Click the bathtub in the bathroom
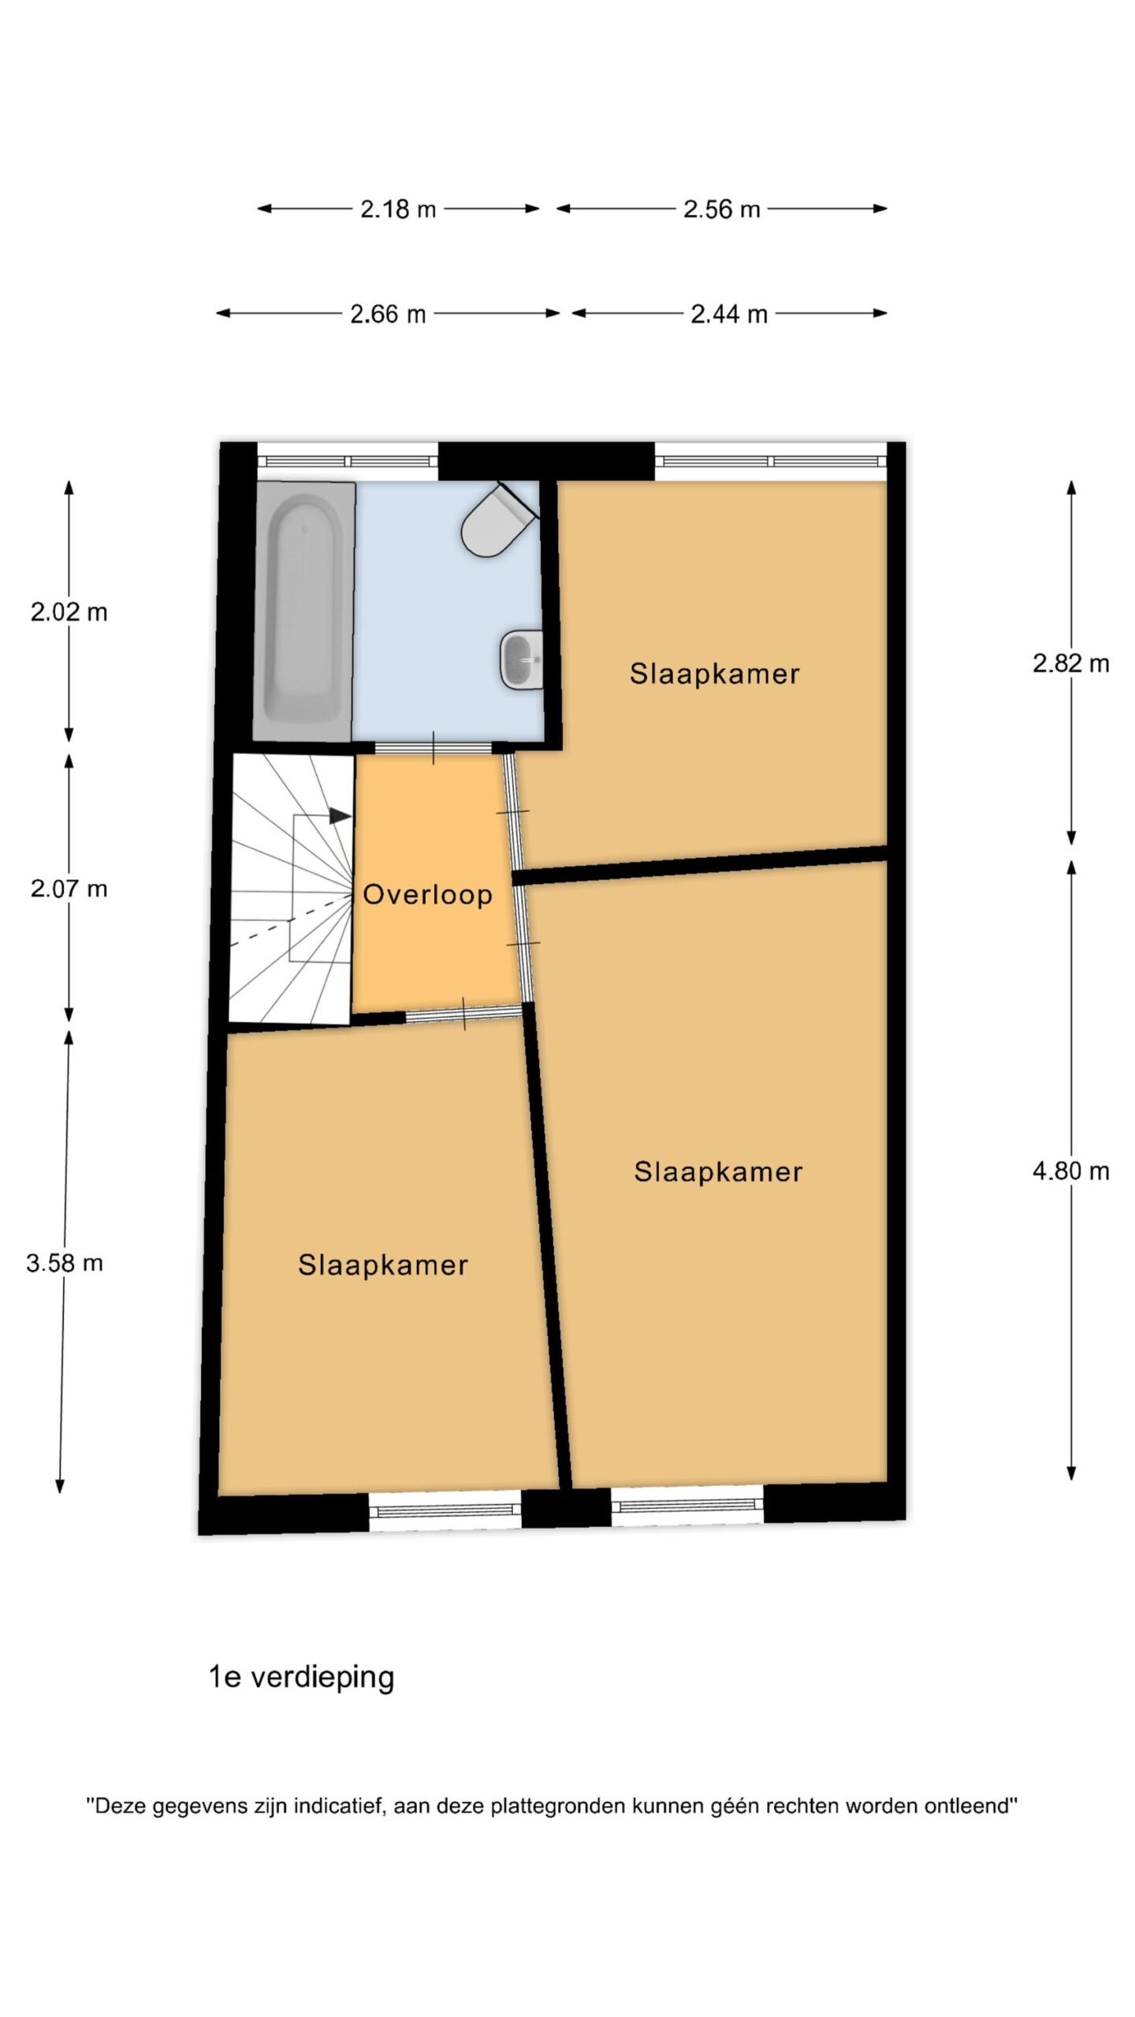[x=303, y=611]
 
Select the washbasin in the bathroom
[x=522, y=659]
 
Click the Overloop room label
[x=427, y=894]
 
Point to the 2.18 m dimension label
[x=398, y=210]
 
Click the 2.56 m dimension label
[x=721, y=210]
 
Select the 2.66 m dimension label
[x=388, y=314]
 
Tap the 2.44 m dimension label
[x=729, y=314]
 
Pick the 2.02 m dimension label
[x=69, y=612]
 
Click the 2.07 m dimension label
[x=69, y=889]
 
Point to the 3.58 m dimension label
[x=65, y=1263]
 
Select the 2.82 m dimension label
[x=1071, y=663]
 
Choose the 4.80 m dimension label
[x=1071, y=1171]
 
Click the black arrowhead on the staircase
[x=340, y=816]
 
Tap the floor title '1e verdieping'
[x=301, y=1677]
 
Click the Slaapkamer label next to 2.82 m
[x=715, y=674]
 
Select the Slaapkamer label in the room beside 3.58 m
[x=383, y=1265]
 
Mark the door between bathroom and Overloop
[x=434, y=748]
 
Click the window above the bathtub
[x=348, y=462]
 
